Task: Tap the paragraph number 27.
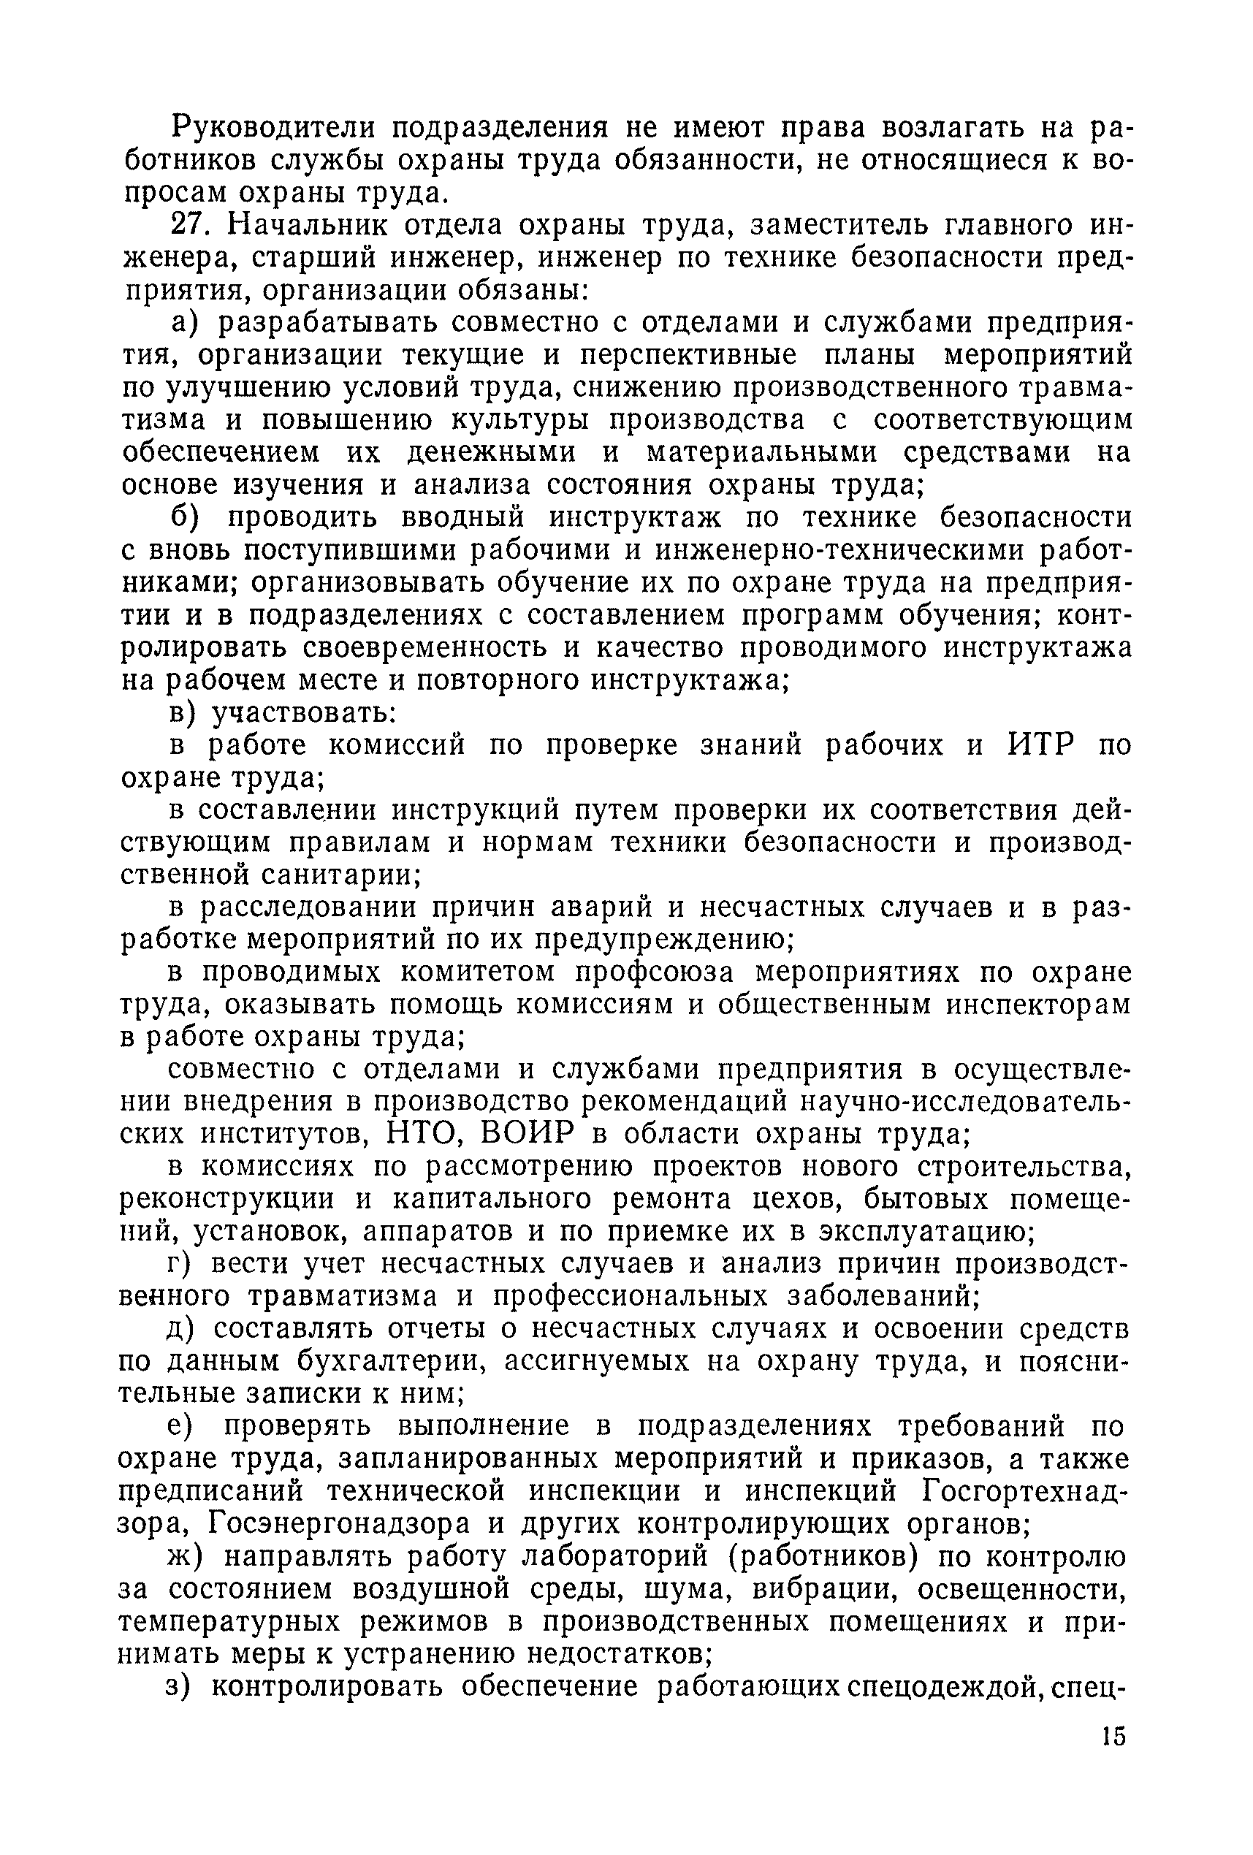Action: tap(191, 226)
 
